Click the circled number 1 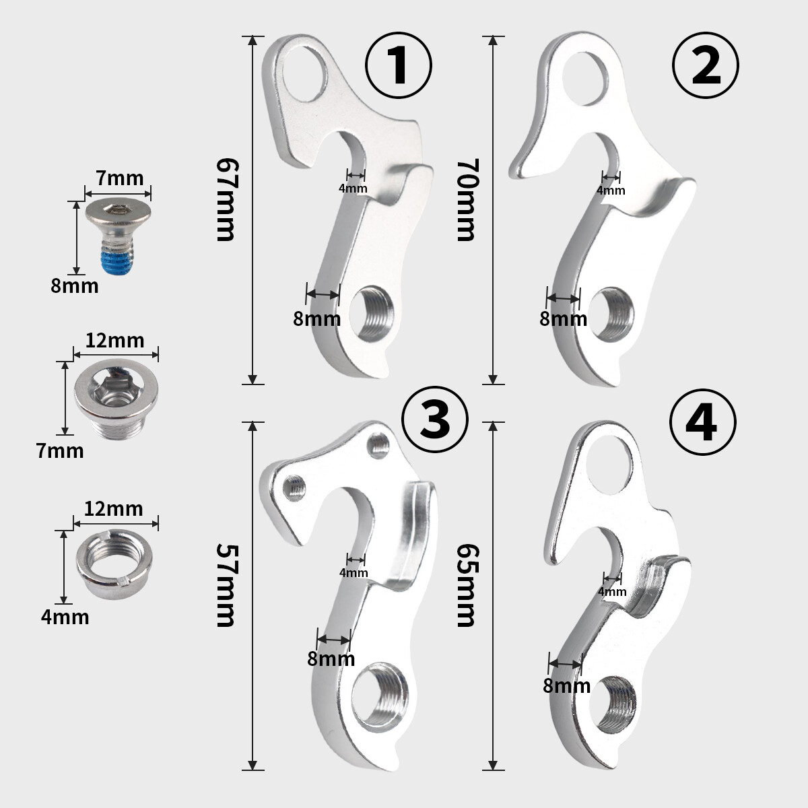[399, 65]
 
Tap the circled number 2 [706, 65]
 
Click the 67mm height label [226, 200]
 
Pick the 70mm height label [467, 200]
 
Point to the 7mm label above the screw [119, 178]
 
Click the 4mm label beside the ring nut [65, 616]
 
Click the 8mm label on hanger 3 [331, 659]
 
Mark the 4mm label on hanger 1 [353, 188]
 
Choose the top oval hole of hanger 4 [611, 465]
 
